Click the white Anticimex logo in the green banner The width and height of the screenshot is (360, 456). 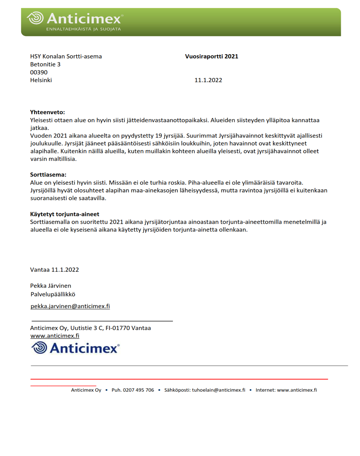click(x=75, y=18)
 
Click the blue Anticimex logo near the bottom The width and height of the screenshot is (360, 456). click(x=75, y=348)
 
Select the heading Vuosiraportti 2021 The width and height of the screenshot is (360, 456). click(x=211, y=56)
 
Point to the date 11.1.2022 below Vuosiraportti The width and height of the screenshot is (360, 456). click(x=208, y=80)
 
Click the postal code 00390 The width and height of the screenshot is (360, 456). click(x=39, y=72)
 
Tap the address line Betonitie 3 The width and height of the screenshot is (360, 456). click(x=45, y=64)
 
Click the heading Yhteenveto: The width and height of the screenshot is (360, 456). click(x=47, y=112)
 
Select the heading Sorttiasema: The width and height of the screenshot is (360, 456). click(x=48, y=175)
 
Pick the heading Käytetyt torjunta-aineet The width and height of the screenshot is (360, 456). click(x=65, y=214)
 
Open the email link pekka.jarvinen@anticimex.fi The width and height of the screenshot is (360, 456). click(x=70, y=306)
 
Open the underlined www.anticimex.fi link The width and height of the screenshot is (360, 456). click(x=55, y=336)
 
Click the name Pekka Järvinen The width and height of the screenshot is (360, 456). click(x=51, y=286)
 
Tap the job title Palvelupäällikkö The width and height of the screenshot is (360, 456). click(x=53, y=294)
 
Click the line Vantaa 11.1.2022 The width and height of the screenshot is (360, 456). click(x=55, y=270)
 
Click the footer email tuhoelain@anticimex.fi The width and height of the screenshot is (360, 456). click(x=218, y=390)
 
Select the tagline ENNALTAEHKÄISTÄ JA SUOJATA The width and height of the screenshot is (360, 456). click(x=83, y=29)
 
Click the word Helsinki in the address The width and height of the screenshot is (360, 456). click(x=41, y=80)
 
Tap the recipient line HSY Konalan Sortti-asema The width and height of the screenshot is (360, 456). click(x=66, y=56)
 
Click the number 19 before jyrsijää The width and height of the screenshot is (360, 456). click(x=159, y=136)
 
